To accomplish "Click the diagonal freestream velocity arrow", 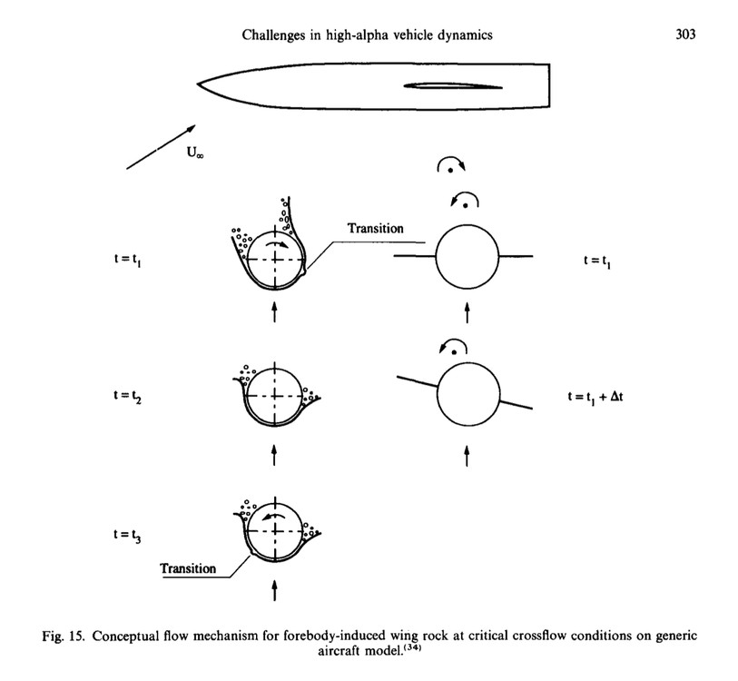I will [x=160, y=146].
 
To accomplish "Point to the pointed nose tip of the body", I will [x=199, y=84].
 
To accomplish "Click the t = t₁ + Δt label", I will [x=603, y=397].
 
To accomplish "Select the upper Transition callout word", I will [x=376, y=228].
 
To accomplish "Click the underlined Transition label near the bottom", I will [x=189, y=568].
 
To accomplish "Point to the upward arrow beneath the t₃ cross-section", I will [x=273, y=591].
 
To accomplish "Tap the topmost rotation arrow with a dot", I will [x=450, y=164].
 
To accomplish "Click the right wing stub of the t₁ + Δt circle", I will [x=517, y=404].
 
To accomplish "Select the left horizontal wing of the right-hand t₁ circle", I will [x=415, y=258].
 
